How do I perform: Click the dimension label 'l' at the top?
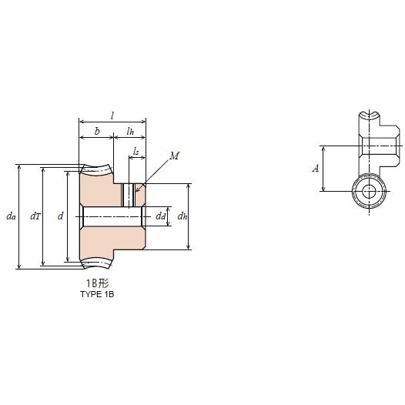(112, 115)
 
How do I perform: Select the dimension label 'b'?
(96, 132)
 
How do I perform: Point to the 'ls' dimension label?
(136, 152)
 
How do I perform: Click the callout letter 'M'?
(174, 156)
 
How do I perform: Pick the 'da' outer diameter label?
(11, 217)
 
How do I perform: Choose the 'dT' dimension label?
(35, 217)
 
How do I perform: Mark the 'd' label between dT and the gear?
(60, 217)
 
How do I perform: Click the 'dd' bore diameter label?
(160, 217)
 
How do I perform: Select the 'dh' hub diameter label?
(182, 217)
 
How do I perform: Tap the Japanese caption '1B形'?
(97, 283)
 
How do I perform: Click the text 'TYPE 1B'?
(97, 294)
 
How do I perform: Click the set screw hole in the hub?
(129, 195)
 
